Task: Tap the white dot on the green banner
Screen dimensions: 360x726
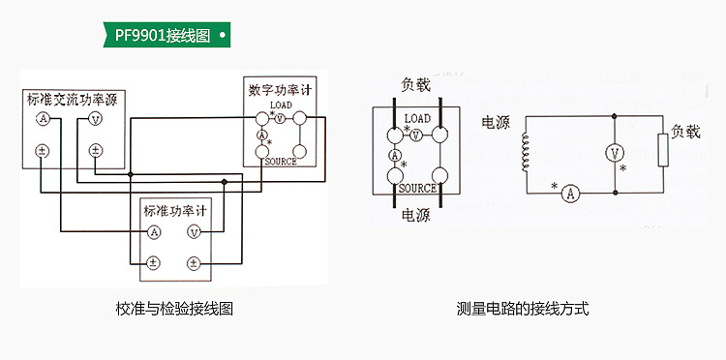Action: coord(224,36)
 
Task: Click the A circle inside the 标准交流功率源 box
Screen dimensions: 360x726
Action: coord(43,119)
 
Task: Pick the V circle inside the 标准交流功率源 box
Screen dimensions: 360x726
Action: coord(95,119)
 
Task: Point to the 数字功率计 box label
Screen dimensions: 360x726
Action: coord(281,90)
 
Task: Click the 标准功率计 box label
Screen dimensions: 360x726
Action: coord(174,210)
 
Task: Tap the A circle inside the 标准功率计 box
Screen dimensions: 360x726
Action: coord(154,232)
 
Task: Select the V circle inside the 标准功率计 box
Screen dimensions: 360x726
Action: coord(194,232)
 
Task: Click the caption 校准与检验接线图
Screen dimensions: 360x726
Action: coord(174,310)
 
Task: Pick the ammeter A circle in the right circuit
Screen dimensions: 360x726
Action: coord(571,194)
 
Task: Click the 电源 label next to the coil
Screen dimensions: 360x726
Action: coord(496,124)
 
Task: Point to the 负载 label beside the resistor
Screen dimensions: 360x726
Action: coord(685,132)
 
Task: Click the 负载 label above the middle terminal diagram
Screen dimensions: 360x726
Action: coord(415,84)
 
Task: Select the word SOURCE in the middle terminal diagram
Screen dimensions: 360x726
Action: coord(417,189)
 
